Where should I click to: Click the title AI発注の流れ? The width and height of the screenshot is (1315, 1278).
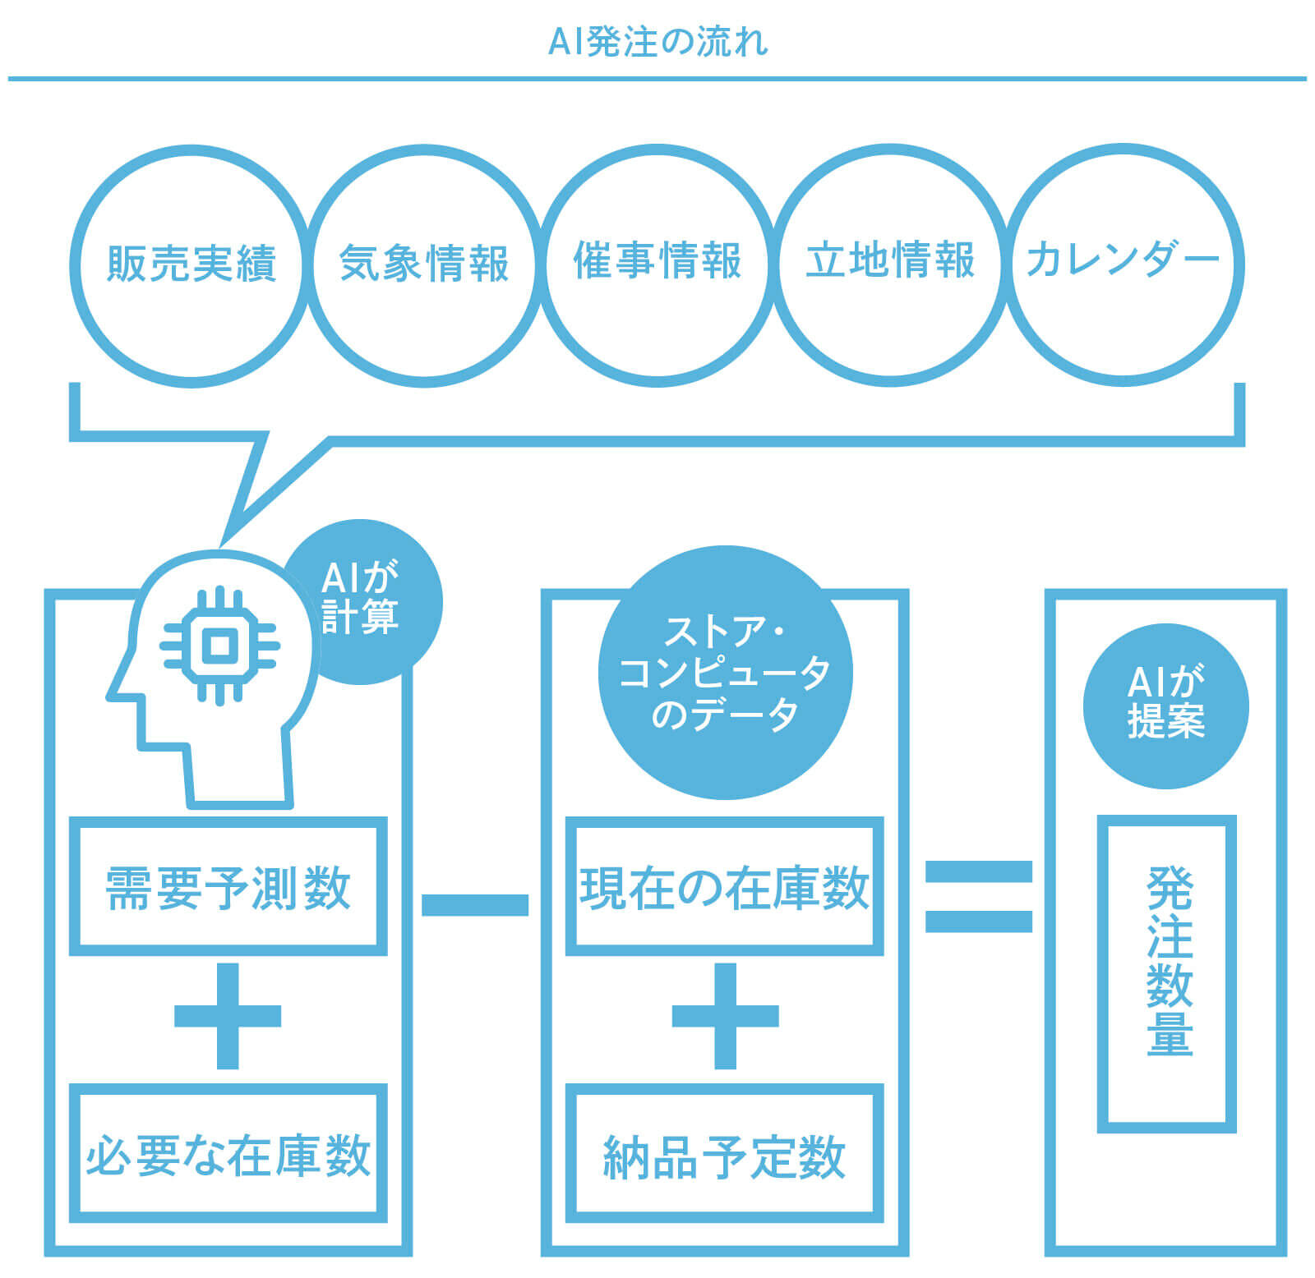coord(657,41)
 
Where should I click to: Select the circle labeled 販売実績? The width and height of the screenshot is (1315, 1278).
coord(191,264)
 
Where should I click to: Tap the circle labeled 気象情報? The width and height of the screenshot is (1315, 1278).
coord(424,264)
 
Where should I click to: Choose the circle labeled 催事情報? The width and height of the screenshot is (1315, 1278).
coord(657,264)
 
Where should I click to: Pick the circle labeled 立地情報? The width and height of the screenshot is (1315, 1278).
coord(890,264)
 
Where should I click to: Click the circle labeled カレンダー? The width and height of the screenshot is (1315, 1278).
coord(1124,264)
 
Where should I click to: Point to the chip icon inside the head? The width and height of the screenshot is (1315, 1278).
coord(219,646)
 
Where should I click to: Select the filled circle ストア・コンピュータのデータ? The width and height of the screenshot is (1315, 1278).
coord(725,673)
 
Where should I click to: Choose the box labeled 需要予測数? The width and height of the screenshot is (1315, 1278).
coord(228,886)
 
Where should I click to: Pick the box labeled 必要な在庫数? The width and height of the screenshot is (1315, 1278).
coord(228,1153)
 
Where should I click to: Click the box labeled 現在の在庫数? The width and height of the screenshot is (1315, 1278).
coord(724,886)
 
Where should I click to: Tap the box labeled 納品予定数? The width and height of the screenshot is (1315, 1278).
coord(724,1153)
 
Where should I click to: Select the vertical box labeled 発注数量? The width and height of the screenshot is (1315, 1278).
coord(1166,973)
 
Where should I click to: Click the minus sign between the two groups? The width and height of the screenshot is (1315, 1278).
coord(474,904)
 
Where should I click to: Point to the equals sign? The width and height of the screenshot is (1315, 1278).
coord(978,896)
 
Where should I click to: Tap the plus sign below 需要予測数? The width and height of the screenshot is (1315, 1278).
coord(228,1016)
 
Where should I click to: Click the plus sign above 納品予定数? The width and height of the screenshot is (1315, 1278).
coord(725,1016)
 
